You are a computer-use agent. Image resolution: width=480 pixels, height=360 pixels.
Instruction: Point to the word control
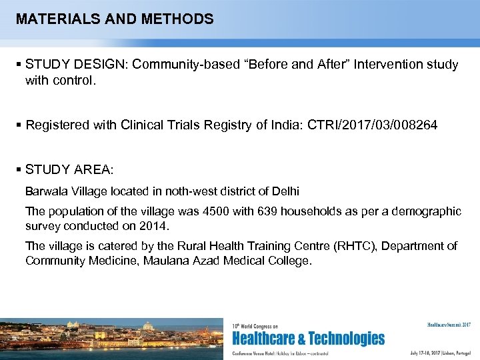[x=71, y=81]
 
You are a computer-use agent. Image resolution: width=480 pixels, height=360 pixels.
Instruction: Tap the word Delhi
[x=285, y=191]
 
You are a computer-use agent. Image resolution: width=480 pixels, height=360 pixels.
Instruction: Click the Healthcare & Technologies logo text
[x=308, y=339]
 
